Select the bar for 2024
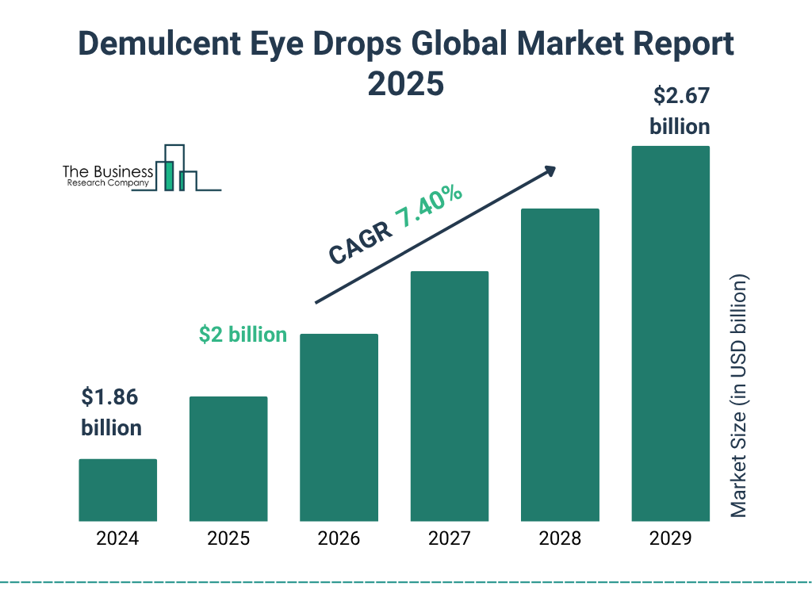tap(117, 490)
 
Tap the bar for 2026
tap(339, 427)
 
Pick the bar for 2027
tap(449, 396)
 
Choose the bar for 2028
tap(560, 365)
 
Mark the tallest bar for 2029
tap(670, 334)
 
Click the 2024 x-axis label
tap(117, 539)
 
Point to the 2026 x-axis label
tap(339, 539)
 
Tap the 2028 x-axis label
tap(560, 539)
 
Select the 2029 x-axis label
tap(670, 539)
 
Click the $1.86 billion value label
tap(111, 412)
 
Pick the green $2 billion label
tap(243, 335)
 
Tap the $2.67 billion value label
tap(680, 111)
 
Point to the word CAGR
tap(359, 243)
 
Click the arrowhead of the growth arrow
tap(550, 170)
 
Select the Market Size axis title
tap(739, 396)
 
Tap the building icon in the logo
tap(176, 168)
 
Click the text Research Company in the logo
tap(107, 183)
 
